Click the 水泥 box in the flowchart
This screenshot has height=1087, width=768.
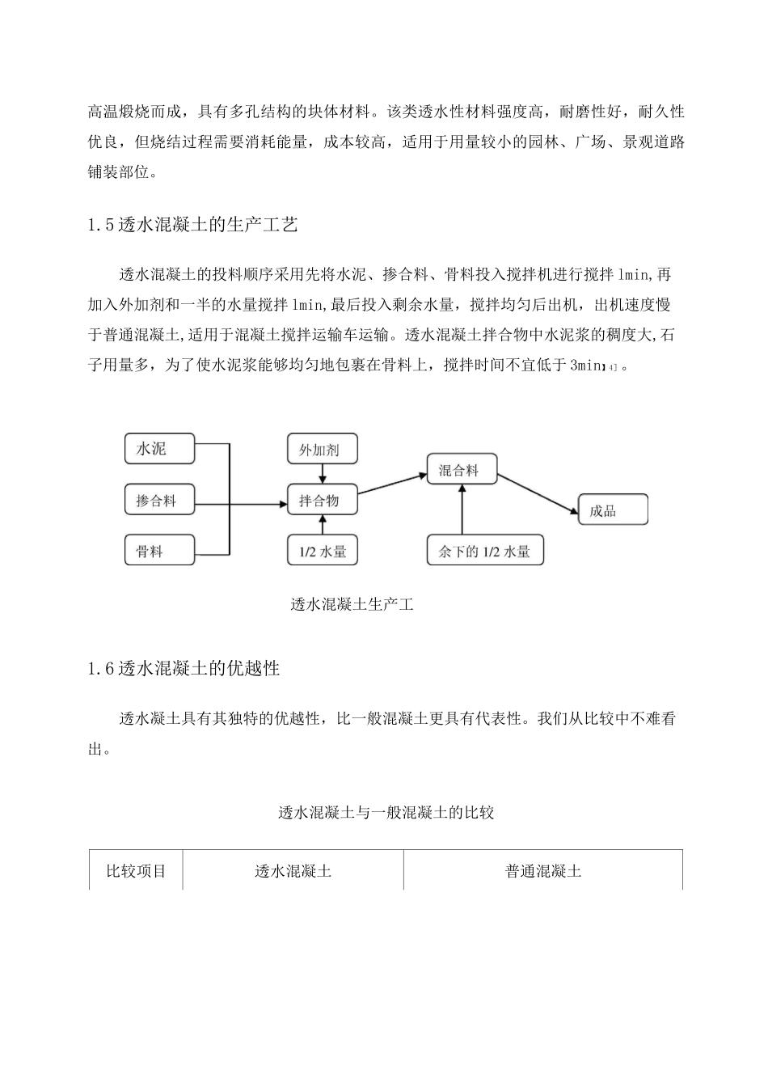point(159,449)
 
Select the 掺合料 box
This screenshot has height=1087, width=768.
point(159,501)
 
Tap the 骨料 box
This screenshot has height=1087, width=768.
point(159,551)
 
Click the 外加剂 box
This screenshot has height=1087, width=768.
point(322,449)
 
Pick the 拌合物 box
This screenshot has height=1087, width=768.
point(322,501)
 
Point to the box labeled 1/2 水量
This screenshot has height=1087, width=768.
point(322,551)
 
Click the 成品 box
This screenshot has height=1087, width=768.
point(612,510)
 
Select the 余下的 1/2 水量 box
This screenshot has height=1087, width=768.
point(484,551)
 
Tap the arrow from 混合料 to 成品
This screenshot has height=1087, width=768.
point(537,492)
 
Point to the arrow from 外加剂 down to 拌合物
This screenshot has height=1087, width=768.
point(322,475)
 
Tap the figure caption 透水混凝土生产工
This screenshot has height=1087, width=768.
point(352,604)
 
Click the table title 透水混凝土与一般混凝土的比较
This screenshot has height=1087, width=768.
point(386,813)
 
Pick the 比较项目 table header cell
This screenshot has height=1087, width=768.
point(136,871)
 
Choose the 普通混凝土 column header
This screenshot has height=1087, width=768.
point(543,871)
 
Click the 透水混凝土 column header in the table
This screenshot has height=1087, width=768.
point(293,871)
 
